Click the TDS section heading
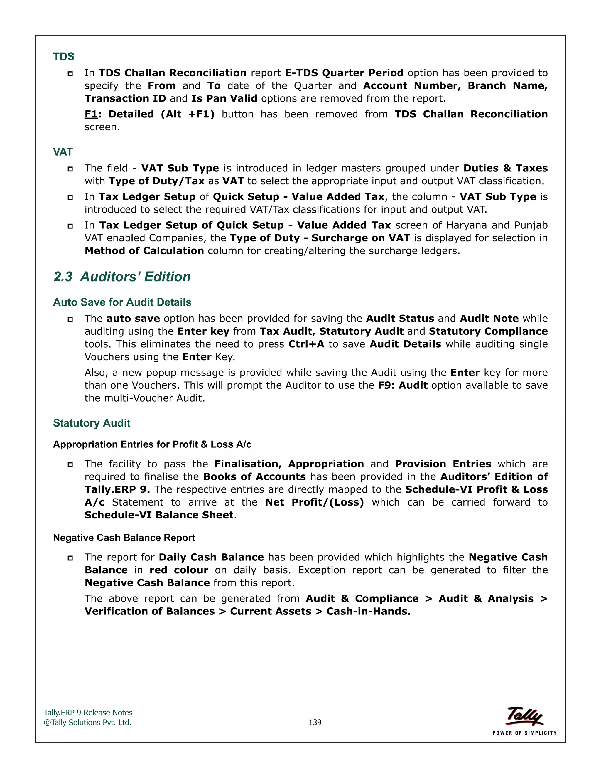(x=64, y=56)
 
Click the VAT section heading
(x=63, y=152)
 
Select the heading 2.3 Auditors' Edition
(x=122, y=277)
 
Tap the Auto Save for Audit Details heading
(x=122, y=302)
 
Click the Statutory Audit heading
(x=92, y=423)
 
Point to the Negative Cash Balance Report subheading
(x=124, y=538)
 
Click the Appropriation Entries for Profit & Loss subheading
(x=152, y=444)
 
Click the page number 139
(x=315, y=722)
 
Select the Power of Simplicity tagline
(x=524, y=733)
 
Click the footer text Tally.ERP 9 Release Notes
(x=88, y=713)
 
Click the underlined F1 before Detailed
(x=91, y=114)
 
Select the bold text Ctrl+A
(x=306, y=344)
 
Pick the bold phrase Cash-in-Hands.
(x=368, y=611)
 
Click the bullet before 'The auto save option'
(x=70, y=319)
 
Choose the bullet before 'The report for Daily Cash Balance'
(x=70, y=558)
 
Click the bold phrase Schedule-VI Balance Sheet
(x=159, y=515)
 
